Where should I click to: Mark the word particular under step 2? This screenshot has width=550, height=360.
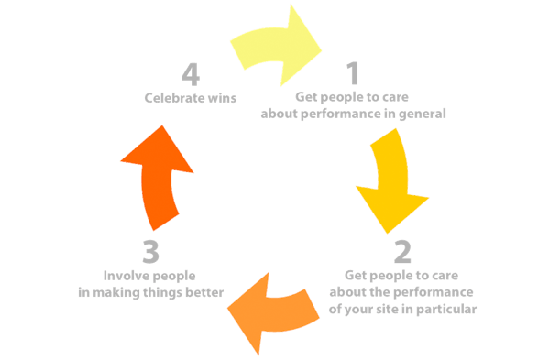tap(448, 309)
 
